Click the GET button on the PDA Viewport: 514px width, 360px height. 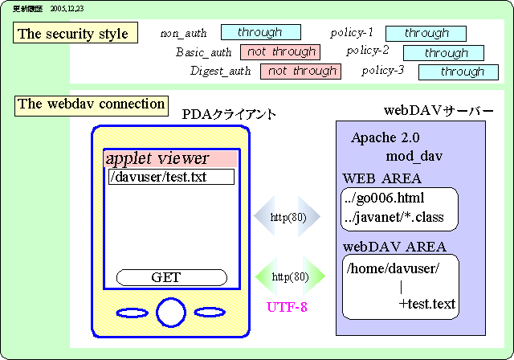(x=166, y=277)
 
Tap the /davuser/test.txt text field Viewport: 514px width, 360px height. (x=170, y=176)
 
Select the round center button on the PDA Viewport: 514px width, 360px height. (x=171, y=313)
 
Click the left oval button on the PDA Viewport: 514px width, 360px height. (x=132, y=313)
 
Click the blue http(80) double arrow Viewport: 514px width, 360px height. (x=288, y=217)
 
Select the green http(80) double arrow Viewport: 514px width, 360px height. (x=290, y=277)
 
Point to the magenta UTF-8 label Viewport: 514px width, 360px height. (x=287, y=306)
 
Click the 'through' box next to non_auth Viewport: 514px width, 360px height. (x=260, y=32)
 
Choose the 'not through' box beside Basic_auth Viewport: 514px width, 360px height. (x=280, y=51)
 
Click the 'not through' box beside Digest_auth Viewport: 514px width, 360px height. (x=301, y=71)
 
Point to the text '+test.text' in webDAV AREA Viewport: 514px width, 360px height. (x=426, y=304)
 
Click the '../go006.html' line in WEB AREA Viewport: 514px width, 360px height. (x=385, y=198)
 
